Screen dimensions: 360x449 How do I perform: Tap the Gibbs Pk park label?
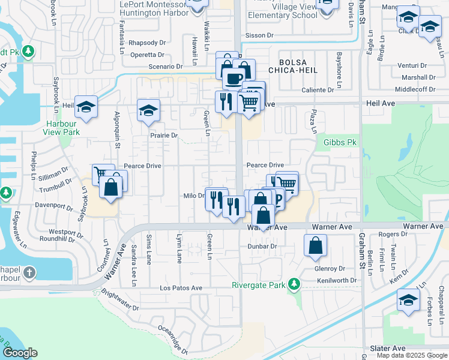(340, 142)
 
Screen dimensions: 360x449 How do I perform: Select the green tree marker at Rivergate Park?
(294, 283)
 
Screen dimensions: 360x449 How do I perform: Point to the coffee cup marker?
(234, 78)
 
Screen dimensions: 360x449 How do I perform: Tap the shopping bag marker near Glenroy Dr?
(315, 245)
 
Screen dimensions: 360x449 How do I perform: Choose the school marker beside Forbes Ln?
(408, 301)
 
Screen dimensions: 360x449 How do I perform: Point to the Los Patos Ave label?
(181, 288)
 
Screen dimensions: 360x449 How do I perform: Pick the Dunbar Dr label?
(262, 246)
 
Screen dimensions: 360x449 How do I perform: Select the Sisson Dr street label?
(259, 35)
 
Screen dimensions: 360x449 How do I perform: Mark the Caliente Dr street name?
(318, 90)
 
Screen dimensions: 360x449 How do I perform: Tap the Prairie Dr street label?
(164, 136)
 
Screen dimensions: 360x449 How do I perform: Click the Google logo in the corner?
(20, 353)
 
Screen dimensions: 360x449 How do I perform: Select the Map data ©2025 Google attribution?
(411, 355)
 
